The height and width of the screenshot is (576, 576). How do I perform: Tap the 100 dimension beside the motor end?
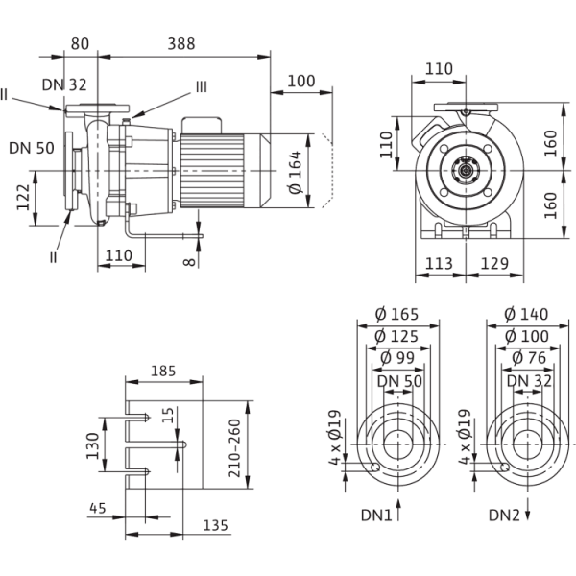click(x=301, y=83)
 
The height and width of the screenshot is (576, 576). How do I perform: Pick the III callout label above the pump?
click(x=201, y=87)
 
